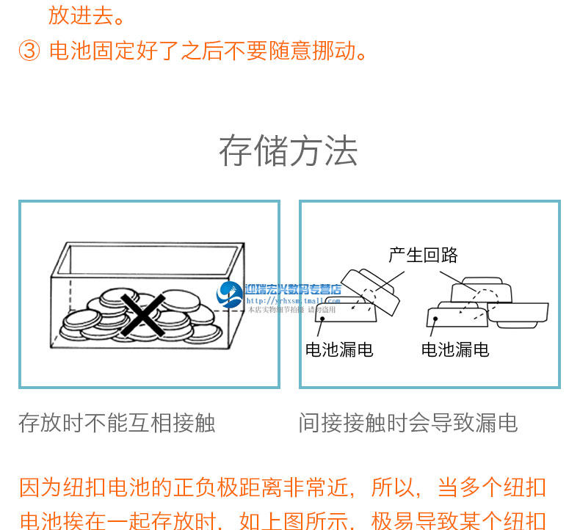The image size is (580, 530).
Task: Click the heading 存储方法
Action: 289,151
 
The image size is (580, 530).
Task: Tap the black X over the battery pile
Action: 142,314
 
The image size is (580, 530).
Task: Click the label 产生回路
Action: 423,255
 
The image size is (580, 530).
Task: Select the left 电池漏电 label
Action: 339,349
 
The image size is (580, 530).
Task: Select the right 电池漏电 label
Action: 455,349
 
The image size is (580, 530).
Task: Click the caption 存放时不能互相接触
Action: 117,423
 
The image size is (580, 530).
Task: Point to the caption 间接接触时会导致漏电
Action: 408,423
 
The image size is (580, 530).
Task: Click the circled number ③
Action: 29,51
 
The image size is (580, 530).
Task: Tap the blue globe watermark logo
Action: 231,294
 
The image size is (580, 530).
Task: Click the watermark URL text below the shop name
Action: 292,300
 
